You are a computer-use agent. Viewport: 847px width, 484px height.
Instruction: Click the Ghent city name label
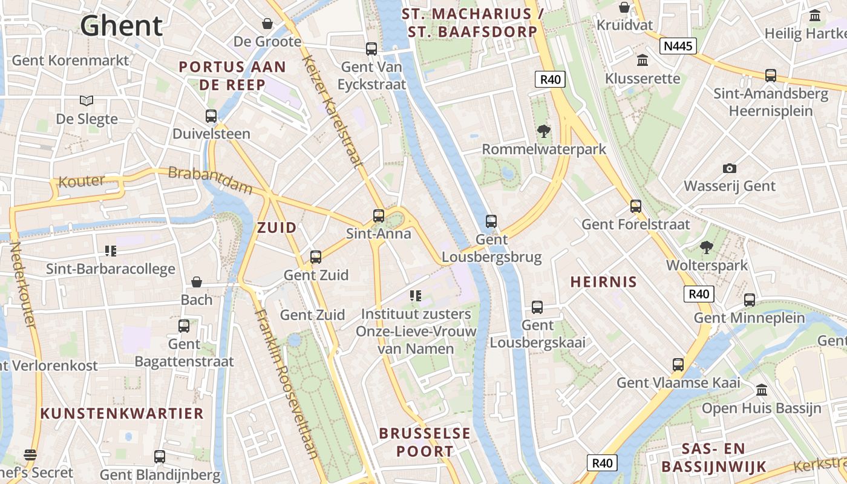point(122,25)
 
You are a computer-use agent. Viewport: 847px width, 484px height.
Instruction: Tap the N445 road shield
point(678,46)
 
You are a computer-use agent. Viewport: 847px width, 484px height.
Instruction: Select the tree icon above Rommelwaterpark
point(543,131)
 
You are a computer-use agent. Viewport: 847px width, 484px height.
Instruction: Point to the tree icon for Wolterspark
point(706,247)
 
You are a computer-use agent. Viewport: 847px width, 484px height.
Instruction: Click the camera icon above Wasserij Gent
point(729,168)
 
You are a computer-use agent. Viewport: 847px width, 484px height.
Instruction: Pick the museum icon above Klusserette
point(642,60)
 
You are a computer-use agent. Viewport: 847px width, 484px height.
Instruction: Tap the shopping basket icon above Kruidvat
point(624,7)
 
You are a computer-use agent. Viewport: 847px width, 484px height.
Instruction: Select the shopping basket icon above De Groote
point(267,24)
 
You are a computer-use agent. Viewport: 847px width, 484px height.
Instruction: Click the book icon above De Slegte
point(87,100)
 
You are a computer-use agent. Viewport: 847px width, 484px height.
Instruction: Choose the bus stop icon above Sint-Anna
point(379,215)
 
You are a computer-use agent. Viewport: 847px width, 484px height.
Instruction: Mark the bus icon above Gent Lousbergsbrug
point(491,221)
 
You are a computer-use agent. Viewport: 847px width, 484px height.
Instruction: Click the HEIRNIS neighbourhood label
point(604,281)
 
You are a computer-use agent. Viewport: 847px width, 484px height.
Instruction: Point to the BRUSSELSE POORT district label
point(425,442)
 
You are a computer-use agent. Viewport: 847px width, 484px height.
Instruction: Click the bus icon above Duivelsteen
point(211,116)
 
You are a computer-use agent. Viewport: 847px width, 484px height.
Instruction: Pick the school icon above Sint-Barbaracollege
point(110,250)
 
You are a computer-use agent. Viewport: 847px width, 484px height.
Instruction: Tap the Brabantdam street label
point(210,180)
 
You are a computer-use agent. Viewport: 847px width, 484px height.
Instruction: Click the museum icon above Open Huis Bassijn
point(761,390)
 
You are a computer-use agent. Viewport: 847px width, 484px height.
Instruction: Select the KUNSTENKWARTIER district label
point(122,413)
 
